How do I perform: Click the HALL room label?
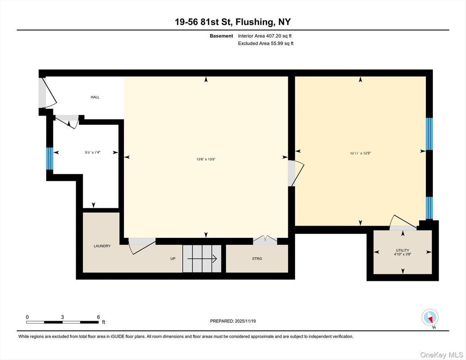pos(95,97)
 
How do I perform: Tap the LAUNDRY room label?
pos(102,246)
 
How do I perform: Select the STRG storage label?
pos(257,258)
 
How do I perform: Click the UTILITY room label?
pos(402,250)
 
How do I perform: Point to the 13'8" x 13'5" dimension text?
pos(206,159)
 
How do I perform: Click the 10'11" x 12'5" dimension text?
pos(360,153)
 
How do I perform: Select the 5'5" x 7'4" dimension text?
pos(93,152)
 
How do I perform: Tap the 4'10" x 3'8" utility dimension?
pos(402,255)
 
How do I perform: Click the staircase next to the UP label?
pos(202,258)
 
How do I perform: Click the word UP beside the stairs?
pos(172,258)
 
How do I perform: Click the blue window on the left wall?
pos(50,159)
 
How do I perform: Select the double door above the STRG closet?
pos(265,240)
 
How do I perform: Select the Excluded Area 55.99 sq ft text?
pos(265,43)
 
